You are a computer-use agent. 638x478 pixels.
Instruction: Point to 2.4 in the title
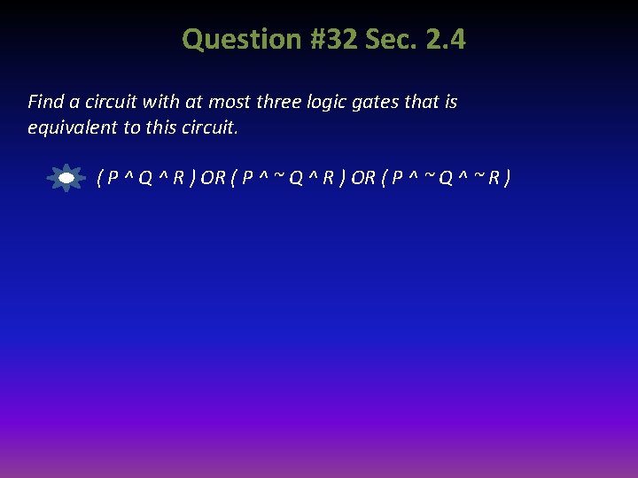(445, 39)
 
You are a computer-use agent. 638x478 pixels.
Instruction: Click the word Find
(45, 102)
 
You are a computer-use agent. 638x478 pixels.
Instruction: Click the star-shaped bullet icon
(66, 178)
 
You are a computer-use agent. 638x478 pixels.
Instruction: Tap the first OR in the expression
(213, 178)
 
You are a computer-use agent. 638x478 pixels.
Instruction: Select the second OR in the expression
(363, 178)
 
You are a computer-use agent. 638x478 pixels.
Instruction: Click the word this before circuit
(160, 127)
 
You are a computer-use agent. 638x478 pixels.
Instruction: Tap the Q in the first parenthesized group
(144, 178)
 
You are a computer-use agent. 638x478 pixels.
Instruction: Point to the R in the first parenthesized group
(178, 178)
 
